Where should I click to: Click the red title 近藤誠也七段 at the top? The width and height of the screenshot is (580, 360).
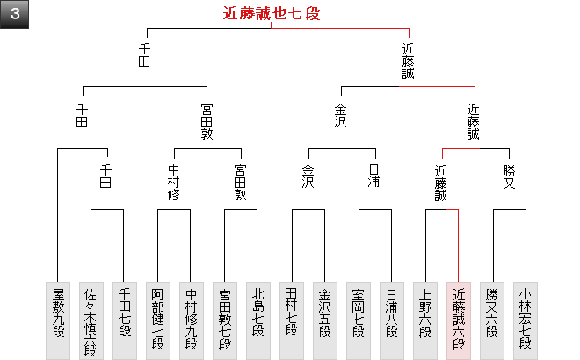click(271, 13)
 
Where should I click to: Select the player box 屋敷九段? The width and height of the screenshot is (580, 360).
click(58, 320)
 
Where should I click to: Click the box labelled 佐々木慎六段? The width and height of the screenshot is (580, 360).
click(91, 320)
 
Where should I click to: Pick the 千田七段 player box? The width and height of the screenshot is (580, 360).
click(125, 320)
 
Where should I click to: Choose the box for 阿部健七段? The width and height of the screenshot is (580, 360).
click(158, 320)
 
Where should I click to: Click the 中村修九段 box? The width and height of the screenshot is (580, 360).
click(192, 320)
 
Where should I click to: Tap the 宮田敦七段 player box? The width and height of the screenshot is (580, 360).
click(225, 320)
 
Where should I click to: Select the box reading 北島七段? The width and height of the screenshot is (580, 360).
click(258, 320)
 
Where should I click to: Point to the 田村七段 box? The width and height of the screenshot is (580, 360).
click(292, 320)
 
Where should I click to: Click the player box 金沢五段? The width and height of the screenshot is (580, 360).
click(325, 320)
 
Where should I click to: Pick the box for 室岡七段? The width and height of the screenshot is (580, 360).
click(359, 320)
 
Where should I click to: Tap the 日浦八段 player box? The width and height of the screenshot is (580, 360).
click(392, 320)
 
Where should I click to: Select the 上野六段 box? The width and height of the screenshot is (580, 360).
click(425, 320)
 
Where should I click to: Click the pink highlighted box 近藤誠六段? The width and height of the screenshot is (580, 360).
click(459, 320)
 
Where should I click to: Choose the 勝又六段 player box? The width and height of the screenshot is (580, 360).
click(492, 320)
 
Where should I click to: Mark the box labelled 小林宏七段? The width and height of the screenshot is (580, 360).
click(526, 320)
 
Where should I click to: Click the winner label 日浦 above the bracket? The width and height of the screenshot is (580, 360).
click(374, 176)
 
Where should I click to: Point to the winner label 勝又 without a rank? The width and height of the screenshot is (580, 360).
click(509, 176)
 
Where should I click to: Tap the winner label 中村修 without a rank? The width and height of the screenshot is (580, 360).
click(174, 182)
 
